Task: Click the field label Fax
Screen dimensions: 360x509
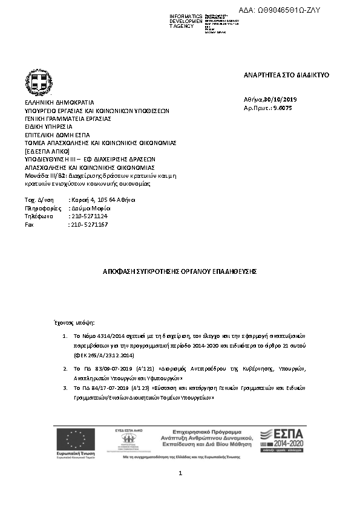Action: coord(28,224)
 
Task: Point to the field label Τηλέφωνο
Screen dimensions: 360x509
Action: coord(38,216)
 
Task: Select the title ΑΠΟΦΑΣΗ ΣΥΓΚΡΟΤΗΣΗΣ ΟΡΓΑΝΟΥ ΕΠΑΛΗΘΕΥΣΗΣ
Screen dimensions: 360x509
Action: coord(180,272)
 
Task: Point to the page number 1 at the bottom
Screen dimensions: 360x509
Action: coord(180,473)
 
